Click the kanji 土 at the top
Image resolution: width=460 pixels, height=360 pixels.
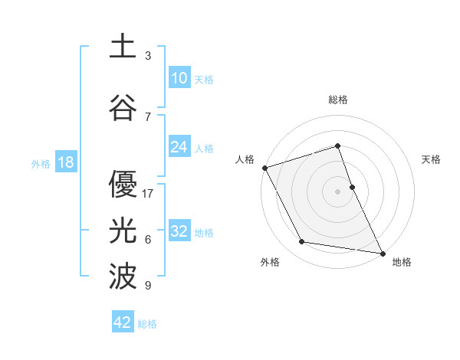(x=123, y=47)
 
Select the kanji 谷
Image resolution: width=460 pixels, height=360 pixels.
(x=123, y=107)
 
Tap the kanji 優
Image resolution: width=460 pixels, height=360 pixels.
(x=123, y=184)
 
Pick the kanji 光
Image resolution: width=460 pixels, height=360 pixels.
(x=123, y=231)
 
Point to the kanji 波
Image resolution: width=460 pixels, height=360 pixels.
(x=123, y=277)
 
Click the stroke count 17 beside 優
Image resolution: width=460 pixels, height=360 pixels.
(x=148, y=193)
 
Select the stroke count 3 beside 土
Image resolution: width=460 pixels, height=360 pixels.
(x=148, y=56)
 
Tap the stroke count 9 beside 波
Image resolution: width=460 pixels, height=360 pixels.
(x=148, y=286)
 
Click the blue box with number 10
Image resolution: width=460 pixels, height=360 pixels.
(x=179, y=78)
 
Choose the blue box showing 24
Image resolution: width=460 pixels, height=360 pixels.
(x=179, y=147)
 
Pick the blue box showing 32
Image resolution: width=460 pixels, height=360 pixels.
(x=179, y=231)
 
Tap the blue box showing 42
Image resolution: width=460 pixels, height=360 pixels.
(x=123, y=322)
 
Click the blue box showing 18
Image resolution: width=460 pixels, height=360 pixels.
(x=65, y=162)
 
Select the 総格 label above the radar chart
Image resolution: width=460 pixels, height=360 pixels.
(x=338, y=100)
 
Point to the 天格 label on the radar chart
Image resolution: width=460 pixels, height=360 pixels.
(x=432, y=159)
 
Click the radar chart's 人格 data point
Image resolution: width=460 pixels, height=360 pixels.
(x=264, y=168)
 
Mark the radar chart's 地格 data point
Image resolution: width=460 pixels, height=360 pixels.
(x=382, y=252)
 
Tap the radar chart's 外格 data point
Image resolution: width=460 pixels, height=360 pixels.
(x=302, y=242)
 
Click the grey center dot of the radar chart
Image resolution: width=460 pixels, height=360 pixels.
(x=338, y=191)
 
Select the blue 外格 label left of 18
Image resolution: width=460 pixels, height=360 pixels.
(x=41, y=163)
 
